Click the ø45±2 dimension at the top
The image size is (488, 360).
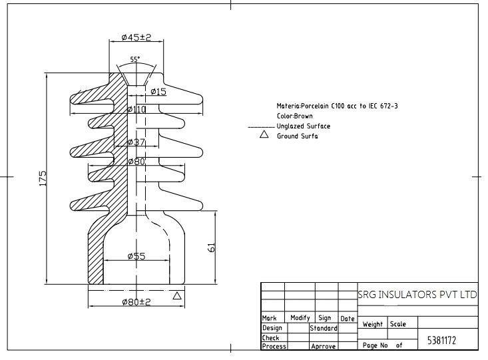[136, 37]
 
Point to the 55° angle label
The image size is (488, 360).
[135, 59]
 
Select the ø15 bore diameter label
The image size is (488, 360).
[158, 91]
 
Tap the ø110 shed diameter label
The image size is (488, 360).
[136, 109]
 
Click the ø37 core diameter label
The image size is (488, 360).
[136, 142]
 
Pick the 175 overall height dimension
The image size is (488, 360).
[43, 178]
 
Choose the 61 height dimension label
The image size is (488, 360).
[211, 248]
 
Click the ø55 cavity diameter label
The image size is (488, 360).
[136, 256]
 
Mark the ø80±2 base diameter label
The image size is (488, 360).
[136, 302]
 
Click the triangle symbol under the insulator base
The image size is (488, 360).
[177, 295]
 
